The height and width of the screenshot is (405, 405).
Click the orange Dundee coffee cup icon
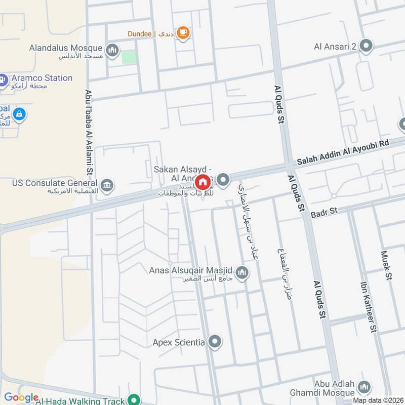(183, 33)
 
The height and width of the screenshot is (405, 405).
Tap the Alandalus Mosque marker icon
(112, 50)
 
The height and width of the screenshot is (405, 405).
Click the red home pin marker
(203, 182)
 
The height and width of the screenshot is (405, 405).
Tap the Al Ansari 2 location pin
(367, 47)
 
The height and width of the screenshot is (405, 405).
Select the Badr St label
(324, 210)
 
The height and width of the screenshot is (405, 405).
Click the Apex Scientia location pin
(215, 343)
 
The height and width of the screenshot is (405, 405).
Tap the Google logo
(21, 397)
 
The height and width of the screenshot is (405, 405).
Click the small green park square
(129, 57)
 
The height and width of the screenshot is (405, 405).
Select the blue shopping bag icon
(19, 114)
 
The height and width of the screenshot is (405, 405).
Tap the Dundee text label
(139, 34)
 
